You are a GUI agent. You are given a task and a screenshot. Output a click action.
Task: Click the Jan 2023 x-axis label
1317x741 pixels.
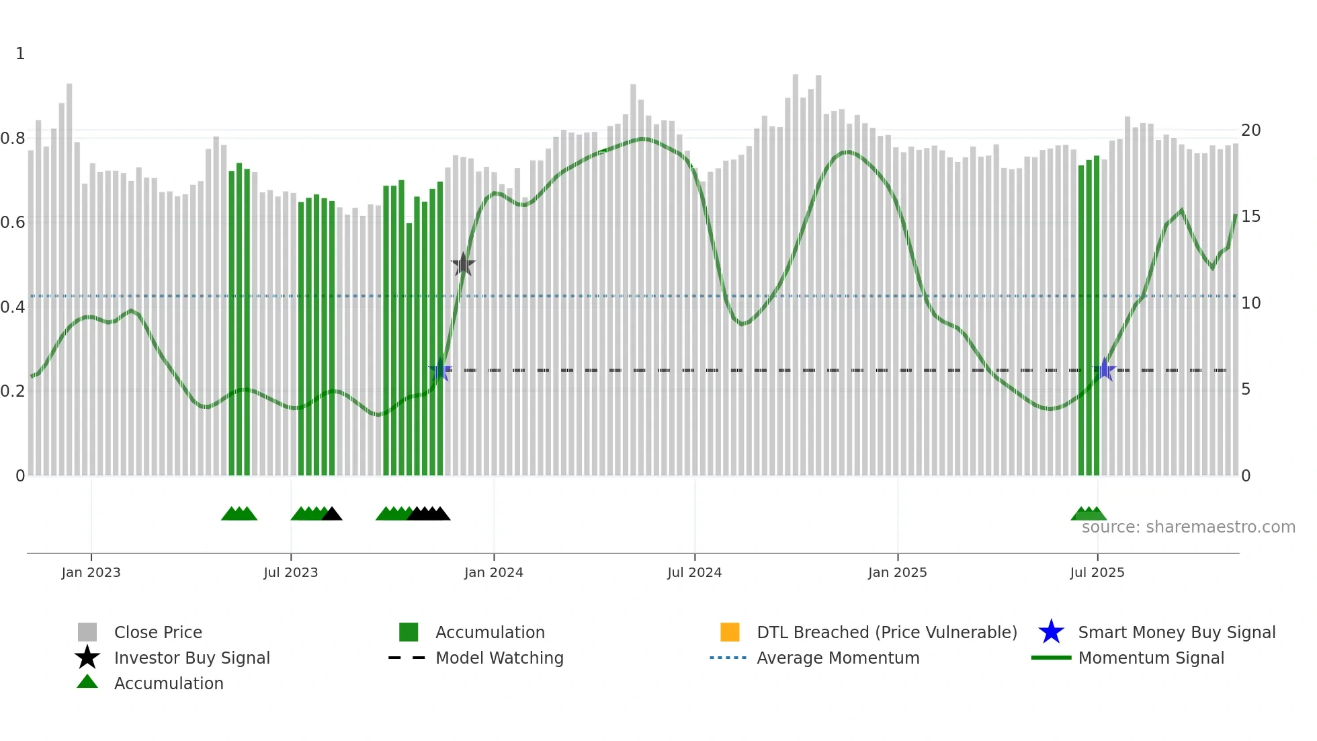91,572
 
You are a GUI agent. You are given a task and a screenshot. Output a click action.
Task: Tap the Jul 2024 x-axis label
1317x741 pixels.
694,572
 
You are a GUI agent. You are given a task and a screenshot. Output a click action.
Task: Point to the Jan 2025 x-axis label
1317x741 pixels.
897,572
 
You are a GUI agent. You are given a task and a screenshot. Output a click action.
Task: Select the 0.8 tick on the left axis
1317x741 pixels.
13,139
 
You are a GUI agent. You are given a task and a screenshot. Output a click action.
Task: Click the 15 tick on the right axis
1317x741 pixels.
1250,217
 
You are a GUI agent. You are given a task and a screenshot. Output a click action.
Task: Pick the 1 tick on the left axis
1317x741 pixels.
20,54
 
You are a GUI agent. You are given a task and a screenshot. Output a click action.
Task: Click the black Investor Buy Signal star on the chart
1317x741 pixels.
463,265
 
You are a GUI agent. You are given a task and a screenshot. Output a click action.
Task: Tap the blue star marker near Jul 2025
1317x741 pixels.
1104,370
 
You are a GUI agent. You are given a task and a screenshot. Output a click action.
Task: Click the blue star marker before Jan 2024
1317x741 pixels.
440,370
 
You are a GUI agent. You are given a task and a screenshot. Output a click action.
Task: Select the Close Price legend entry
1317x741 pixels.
158,632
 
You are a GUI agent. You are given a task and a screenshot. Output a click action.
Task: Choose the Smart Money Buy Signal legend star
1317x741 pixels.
1051,632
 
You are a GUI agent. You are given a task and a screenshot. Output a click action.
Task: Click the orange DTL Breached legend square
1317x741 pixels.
730,632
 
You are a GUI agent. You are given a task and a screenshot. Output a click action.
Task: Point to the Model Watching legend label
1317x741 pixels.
499,658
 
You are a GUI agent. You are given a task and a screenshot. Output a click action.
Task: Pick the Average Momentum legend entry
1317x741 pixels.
838,658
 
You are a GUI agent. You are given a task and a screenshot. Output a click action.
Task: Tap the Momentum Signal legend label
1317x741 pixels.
1151,658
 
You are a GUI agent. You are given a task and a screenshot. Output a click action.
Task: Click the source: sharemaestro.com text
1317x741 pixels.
1188,527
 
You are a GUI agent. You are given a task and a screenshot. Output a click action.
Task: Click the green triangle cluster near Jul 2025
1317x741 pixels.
1089,514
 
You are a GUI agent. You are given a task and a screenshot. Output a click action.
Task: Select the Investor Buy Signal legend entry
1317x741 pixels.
192,658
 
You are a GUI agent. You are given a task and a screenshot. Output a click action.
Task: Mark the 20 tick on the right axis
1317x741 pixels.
1250,130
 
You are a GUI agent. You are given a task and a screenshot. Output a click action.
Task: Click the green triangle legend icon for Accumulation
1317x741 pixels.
87,682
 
